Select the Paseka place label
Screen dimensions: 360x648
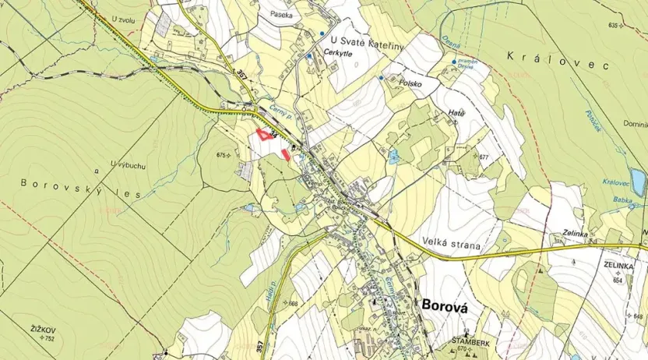(x=281, y=14)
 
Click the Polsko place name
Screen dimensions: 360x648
(x=410, y=82)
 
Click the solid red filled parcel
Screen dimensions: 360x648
(x=287, y=154)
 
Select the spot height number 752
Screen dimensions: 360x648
(x=49, y=339)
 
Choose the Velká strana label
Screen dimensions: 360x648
(x=446, y=242)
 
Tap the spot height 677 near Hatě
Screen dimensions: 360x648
(x=484, y=157)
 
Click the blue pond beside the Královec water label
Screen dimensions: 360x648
(x=639, y=182)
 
